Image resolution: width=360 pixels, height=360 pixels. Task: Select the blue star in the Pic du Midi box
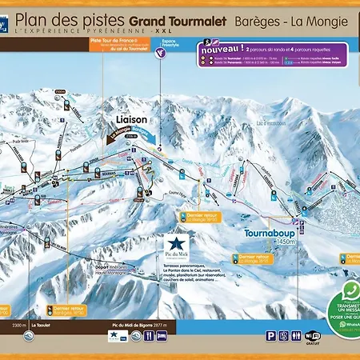(176, 242)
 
